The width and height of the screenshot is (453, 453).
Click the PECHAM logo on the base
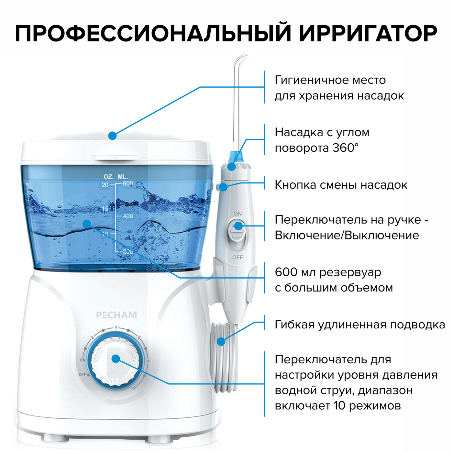(116, 315)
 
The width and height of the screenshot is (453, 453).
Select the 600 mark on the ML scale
(128, 183)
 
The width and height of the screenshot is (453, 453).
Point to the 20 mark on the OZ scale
(105, 185)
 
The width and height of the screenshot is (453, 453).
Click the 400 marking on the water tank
(128, 216)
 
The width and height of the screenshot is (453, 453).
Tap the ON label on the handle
(238, 214)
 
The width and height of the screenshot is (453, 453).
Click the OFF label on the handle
(238, 258)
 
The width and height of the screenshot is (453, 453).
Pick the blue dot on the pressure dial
(116, 359)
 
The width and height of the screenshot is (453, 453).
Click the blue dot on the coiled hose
(221, 342)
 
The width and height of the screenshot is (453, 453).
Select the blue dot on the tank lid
(112, 136)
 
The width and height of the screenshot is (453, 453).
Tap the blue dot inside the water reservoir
(87, 224)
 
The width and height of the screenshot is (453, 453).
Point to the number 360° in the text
(345, 148)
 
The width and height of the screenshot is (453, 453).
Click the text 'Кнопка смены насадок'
(341, 185)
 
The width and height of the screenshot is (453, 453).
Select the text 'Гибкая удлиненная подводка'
(360, 325)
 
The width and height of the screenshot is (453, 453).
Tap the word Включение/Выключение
(347, 235)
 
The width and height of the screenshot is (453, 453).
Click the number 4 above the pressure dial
(116, 327)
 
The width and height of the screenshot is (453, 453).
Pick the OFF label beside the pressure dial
(82, 374)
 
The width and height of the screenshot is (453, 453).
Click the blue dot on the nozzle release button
(223, 187)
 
